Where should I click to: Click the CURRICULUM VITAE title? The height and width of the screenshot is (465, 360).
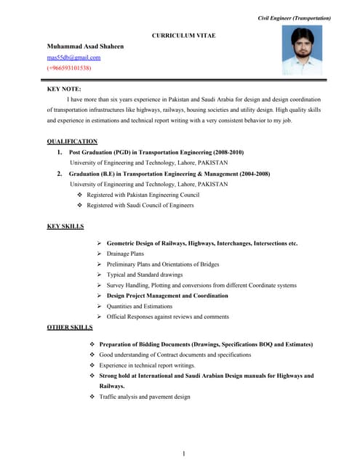183,35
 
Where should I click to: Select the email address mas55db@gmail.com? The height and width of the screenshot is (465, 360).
73,57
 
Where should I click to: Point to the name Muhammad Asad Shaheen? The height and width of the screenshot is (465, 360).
85,46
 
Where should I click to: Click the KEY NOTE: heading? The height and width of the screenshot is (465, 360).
64,89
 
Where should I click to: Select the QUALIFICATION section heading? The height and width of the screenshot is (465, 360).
72,141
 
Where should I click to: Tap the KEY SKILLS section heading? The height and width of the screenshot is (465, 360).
65,227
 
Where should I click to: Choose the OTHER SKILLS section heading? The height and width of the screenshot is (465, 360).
69,328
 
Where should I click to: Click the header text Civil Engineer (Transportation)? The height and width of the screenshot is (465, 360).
295,17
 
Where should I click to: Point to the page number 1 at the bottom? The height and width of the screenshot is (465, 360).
184,454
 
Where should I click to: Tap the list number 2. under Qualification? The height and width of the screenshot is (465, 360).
59,174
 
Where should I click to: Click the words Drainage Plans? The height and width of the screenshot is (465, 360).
125,254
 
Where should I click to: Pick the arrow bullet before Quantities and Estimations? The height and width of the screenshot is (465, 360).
99,307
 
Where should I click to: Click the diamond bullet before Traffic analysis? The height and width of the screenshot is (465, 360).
92,397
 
